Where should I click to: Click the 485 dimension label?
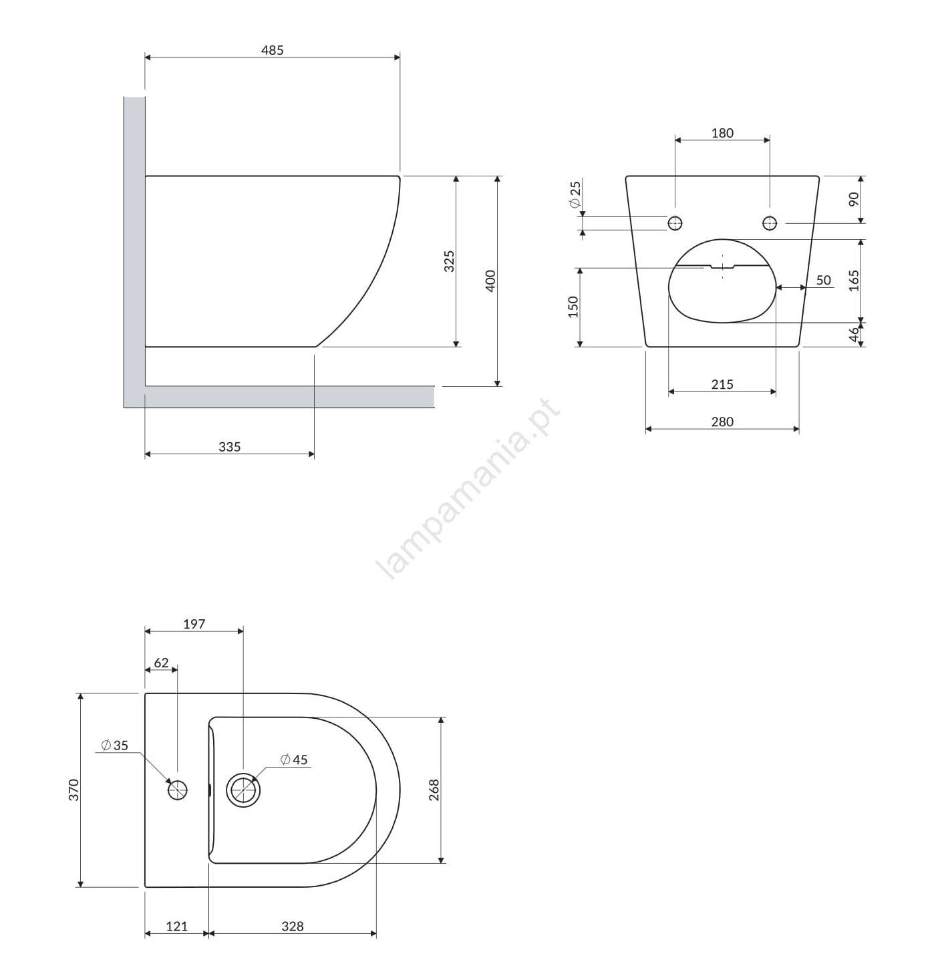(x=272, y=50)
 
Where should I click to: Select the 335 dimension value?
(x=229, y=447)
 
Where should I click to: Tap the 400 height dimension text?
(x=490, y=281)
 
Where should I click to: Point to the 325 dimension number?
(x=449, y=261)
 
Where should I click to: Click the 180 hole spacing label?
(x=722, y=133)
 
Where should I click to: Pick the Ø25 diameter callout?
(x=575, y=194)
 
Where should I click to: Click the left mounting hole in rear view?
(x=675, y=222)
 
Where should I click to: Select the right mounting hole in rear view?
(x=770, y=222)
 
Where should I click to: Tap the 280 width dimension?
(x=722, y=422)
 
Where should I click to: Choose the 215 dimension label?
(x=722, y=384)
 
